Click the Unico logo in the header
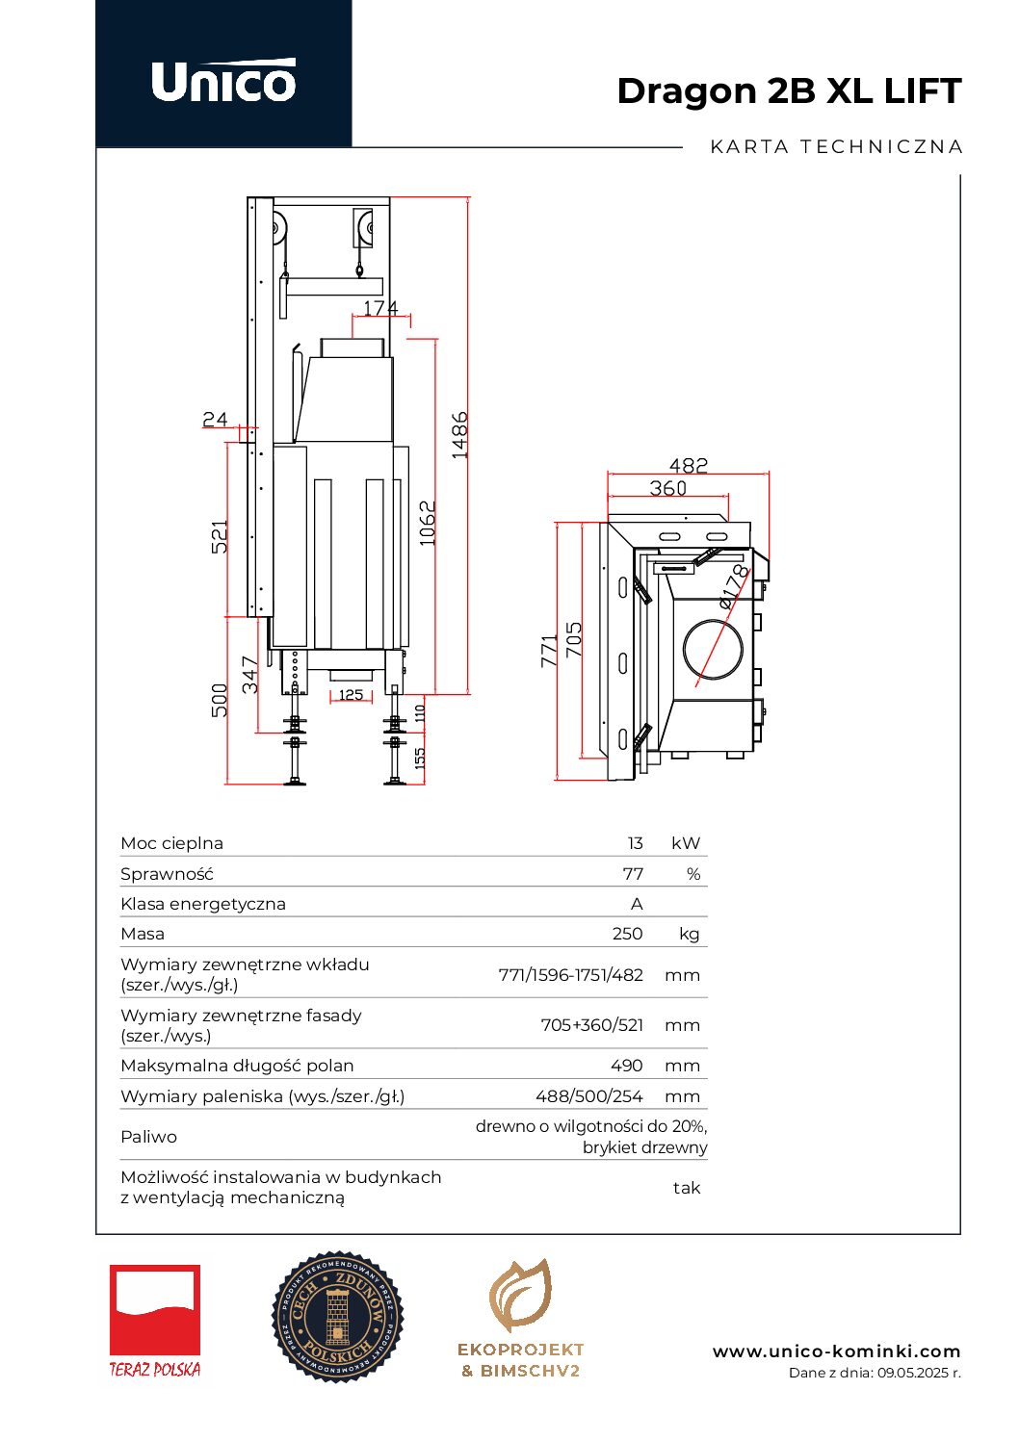click(x=223, y=81)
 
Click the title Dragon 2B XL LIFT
click(x=789, y=91)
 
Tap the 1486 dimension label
click(x=460, y=434)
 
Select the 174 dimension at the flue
click(x=380, y=308)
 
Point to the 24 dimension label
click(x=215, y=419)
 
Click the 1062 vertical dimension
click(x=429, y=523)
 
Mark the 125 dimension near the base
click(x=351, y=695)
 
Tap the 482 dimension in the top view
click(x=688, y=466)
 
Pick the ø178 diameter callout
click(x=734, y=586)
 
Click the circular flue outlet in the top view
click(x=713, y=648)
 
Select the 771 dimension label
click(x=549, y=651)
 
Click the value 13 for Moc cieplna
click(x=635, y=843)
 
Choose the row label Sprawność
click(x=167, y=874)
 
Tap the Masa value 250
click(x=627, y=934)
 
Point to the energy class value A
click(x=637, y=904)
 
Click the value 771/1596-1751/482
click(x=570, y=975)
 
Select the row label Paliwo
click(x=148, y=1137)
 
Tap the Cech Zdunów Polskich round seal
click(x=337, y=1317)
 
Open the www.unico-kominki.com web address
click(x=836, y=1351)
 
